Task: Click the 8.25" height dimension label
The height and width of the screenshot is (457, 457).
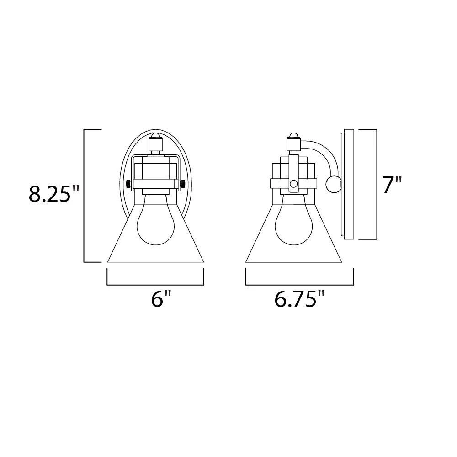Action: point(50,194)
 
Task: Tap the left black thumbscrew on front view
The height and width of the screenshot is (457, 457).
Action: point(128,184)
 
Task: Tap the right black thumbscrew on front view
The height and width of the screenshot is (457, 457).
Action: point(183,184)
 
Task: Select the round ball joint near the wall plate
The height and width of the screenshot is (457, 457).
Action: point(333,184)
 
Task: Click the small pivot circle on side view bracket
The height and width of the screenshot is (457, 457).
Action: point(294,184)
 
